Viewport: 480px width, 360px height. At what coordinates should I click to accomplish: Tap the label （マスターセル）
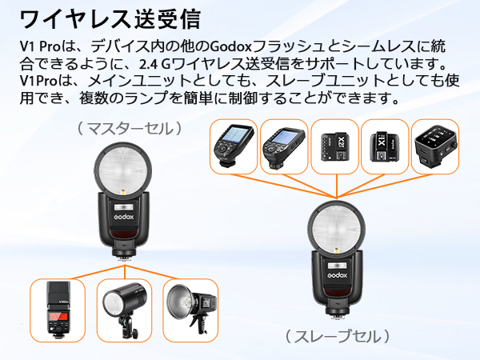(x=129, y=127)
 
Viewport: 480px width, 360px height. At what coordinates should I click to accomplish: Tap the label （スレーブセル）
(x=337, y=336)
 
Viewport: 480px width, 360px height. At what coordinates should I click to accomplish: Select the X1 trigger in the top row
(x=384, y=146)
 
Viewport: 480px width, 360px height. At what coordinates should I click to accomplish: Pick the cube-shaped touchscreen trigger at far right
(x=435, y=146)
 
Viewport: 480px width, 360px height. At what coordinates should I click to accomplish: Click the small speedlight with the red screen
(x=57, y=306)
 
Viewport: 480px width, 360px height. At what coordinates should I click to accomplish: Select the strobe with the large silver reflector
(x=190, y=306)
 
